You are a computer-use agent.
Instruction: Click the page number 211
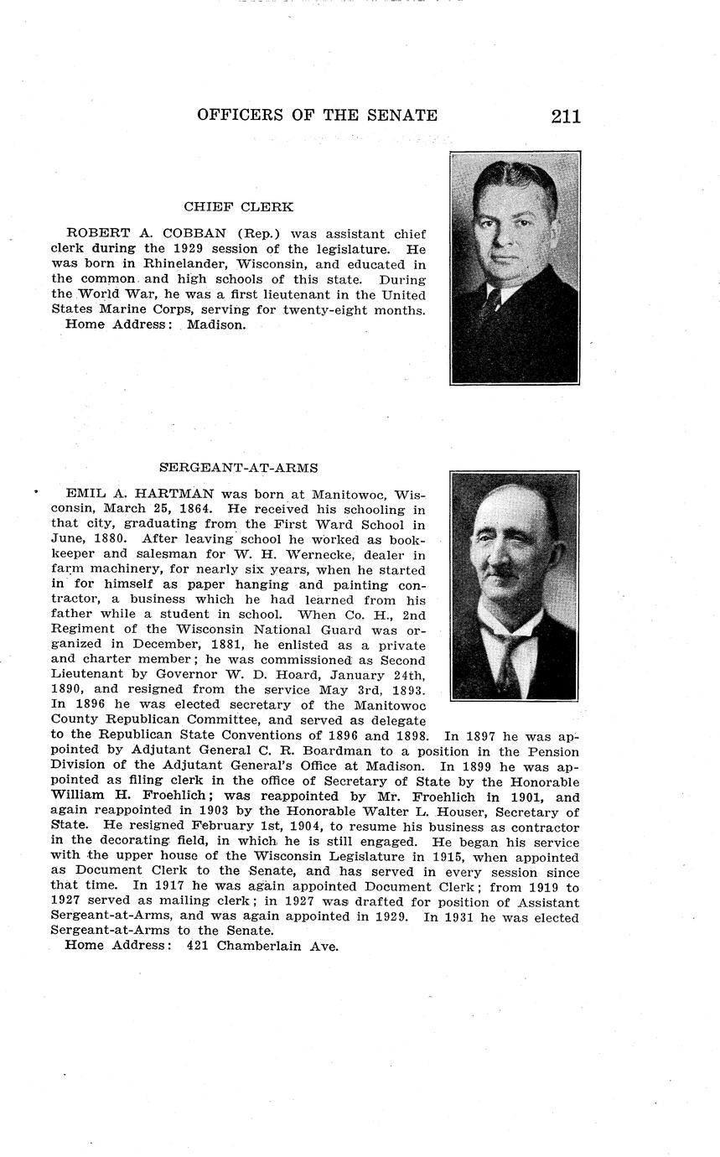point(566,116)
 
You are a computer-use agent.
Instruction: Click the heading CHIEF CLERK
point(238,206)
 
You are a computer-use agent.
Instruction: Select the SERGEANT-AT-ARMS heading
point(238,468)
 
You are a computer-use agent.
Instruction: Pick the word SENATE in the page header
point(406,116)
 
